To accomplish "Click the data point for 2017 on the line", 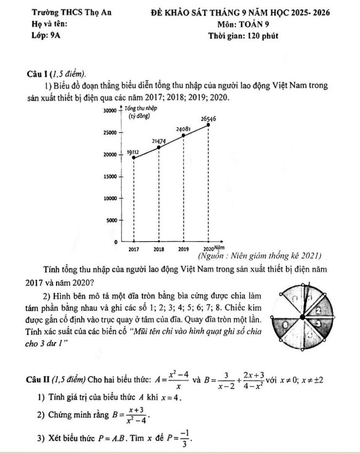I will tap(133, 157).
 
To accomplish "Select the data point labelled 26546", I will tap(208, 124).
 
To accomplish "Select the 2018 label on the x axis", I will tap(158, 249).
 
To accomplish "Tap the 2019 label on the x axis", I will tap(183, 249).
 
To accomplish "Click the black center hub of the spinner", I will tap(303, 317).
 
